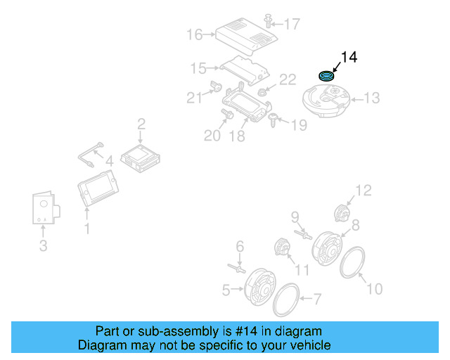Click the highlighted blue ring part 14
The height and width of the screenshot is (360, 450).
(327, 75)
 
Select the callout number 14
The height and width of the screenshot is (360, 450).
(349, 58)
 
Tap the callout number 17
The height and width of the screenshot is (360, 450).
(291, 24)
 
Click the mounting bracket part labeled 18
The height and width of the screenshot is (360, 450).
(247, 105)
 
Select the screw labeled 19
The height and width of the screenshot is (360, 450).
(274, 120)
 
